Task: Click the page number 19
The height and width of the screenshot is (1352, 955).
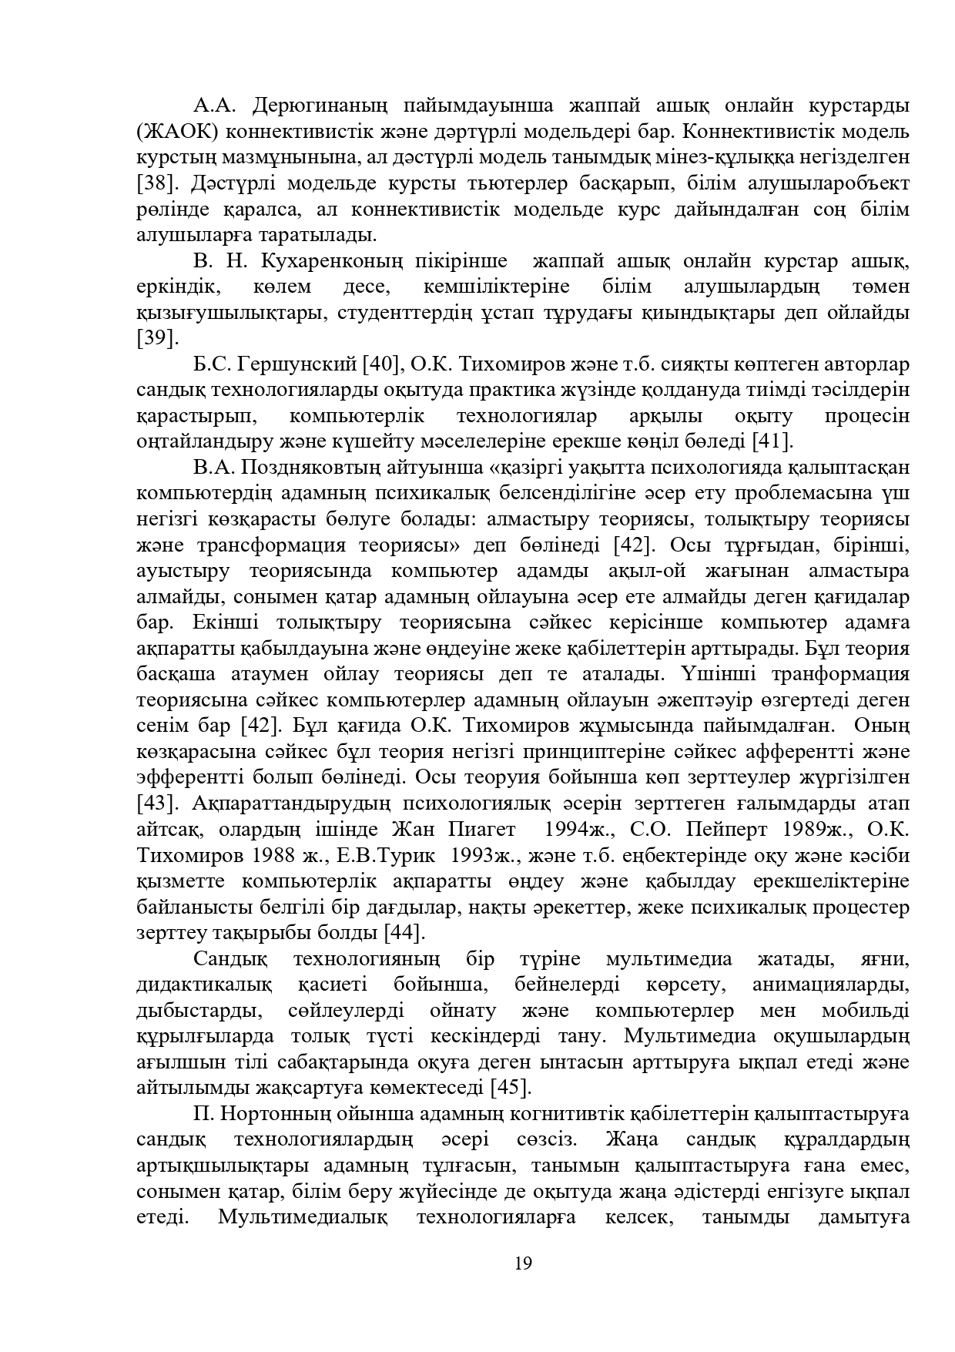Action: pyautogui.click(x=523, y=1264)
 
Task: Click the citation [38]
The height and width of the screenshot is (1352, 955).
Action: pyautogui.click(x=155, y=183)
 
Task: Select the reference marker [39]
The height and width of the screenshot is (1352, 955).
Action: pyautogui.click(x=155, y=338)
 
